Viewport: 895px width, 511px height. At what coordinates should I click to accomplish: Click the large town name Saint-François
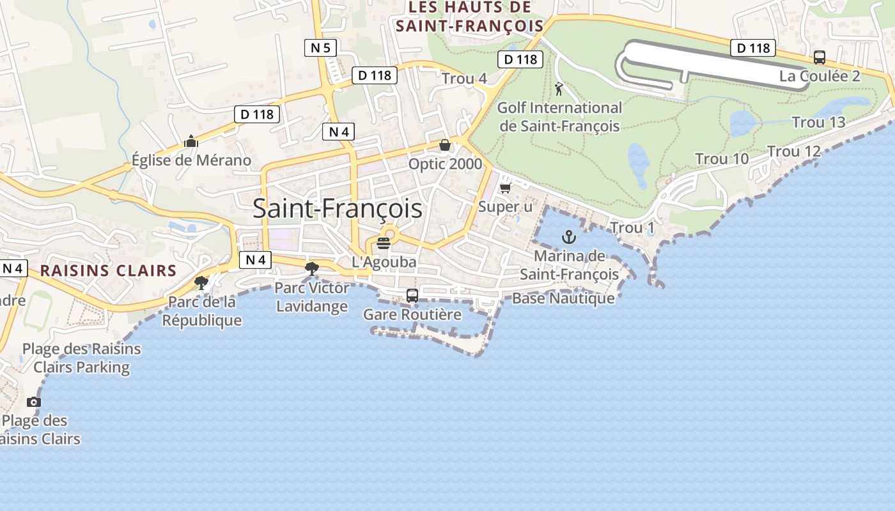[x=337, y=209]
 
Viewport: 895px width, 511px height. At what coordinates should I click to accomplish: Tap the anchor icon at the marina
[x=568, y=238]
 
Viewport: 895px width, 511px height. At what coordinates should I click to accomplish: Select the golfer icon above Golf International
[x=559, y=89]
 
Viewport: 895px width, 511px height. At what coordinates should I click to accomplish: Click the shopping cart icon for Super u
[x=506, y=188]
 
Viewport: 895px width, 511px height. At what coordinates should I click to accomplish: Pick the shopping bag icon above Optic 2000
[x=445, y=146]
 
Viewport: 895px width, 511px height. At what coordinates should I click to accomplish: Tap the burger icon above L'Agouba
[x=384, y=243]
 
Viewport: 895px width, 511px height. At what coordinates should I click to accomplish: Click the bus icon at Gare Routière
[x=412, y=296]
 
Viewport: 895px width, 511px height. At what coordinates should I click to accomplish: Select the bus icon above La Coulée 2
[x=820, y=57]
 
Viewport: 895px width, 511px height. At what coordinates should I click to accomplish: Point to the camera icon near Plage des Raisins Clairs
[x=34, y=402]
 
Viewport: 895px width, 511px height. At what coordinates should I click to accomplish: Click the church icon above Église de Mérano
[x=191, y=142]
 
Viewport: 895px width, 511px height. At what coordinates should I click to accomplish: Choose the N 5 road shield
[x=320, y=47]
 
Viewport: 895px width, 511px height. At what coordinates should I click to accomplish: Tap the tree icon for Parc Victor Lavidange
[x=312, y=269]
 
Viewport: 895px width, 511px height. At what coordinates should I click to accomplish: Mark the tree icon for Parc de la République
[x=201, y=282]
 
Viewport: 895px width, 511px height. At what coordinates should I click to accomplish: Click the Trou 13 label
[x=818, y=122]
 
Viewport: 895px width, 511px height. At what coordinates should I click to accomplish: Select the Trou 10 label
[x=722, y=158]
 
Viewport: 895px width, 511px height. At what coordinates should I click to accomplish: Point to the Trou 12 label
[x=793, y=151]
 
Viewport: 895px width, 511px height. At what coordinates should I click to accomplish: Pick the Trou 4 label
[x=464, y=79]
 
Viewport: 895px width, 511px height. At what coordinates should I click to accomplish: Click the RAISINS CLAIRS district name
[x=108, y=270]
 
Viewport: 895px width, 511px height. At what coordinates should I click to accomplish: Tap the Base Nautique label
[x=563, y=298]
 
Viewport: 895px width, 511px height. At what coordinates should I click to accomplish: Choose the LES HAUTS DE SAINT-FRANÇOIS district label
[x=469, y=17]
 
